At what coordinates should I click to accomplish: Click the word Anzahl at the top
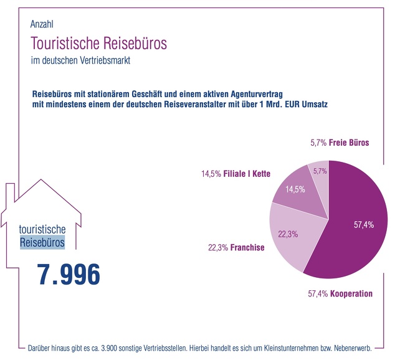tap(42, 24)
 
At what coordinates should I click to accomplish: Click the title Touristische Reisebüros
tap(98, 44)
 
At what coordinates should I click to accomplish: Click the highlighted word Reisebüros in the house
tap(42, 242)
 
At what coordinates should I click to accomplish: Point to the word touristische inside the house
tap(42, 229)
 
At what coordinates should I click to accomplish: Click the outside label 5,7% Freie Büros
tap(340, 143)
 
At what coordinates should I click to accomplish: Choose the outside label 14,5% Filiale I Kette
tap(236, 174)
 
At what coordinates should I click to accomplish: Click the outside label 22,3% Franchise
tap(236, 247)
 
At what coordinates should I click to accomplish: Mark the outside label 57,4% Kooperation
tap(340, 293)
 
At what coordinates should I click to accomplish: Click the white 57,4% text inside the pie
tap(363, 225)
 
